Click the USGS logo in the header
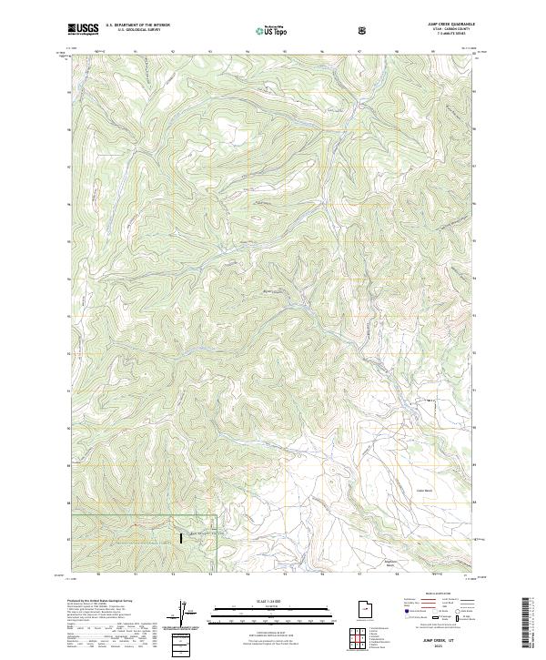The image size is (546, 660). click(x=83, y=28)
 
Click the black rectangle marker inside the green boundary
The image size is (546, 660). click(x=181, y=538)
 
